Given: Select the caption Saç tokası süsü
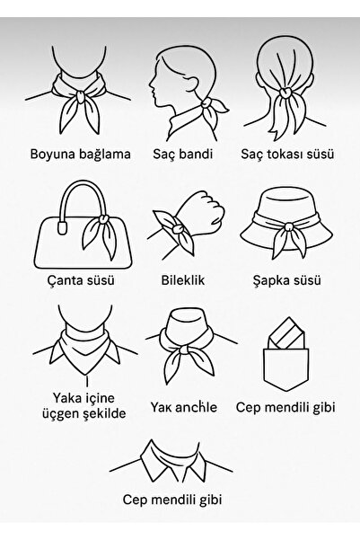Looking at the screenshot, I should coord(288,154).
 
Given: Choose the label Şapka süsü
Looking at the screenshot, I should coord(288,279).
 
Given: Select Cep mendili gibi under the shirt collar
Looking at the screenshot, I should coord(180,523).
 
